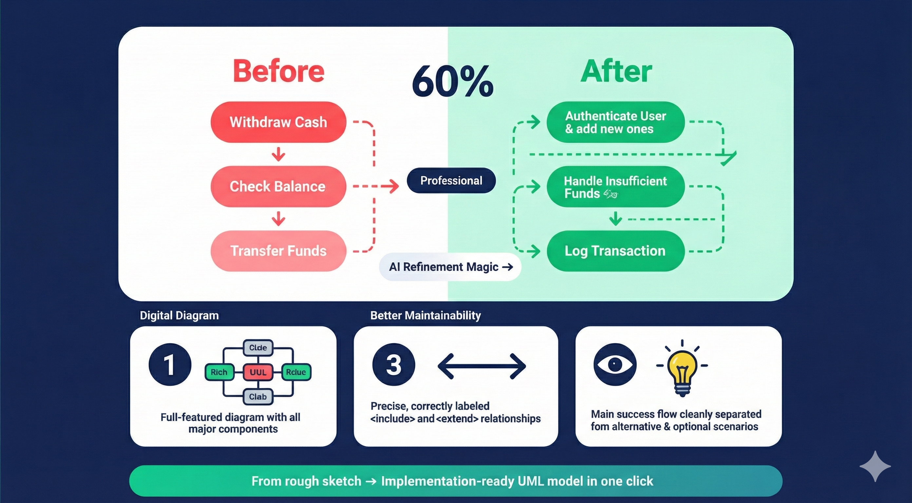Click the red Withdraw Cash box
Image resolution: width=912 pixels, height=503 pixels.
point(278,122)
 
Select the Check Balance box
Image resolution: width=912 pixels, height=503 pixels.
point(278,187)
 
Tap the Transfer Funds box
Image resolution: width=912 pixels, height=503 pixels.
point(278,251)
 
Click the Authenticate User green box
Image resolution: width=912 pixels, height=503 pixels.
point(615,122)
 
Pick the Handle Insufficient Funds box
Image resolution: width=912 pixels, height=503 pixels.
point(615,187)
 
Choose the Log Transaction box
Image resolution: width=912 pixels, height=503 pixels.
point(615,251)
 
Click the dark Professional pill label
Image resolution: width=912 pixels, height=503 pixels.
point(451,180)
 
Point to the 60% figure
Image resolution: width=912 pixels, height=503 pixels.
point(452,82)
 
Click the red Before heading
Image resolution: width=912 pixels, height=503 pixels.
point(278,71)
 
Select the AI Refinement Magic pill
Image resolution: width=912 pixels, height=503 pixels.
point(450,267)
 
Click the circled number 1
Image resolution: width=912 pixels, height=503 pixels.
point(170,364)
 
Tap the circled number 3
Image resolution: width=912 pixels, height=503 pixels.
point(393,364)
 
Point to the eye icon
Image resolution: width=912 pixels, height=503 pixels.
point(615,364)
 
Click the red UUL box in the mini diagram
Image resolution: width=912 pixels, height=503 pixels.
point(258,372)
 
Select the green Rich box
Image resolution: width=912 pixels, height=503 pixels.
point(219,372)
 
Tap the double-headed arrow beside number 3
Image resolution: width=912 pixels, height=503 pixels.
point(482,366)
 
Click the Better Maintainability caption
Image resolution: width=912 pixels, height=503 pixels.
point(425,315)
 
